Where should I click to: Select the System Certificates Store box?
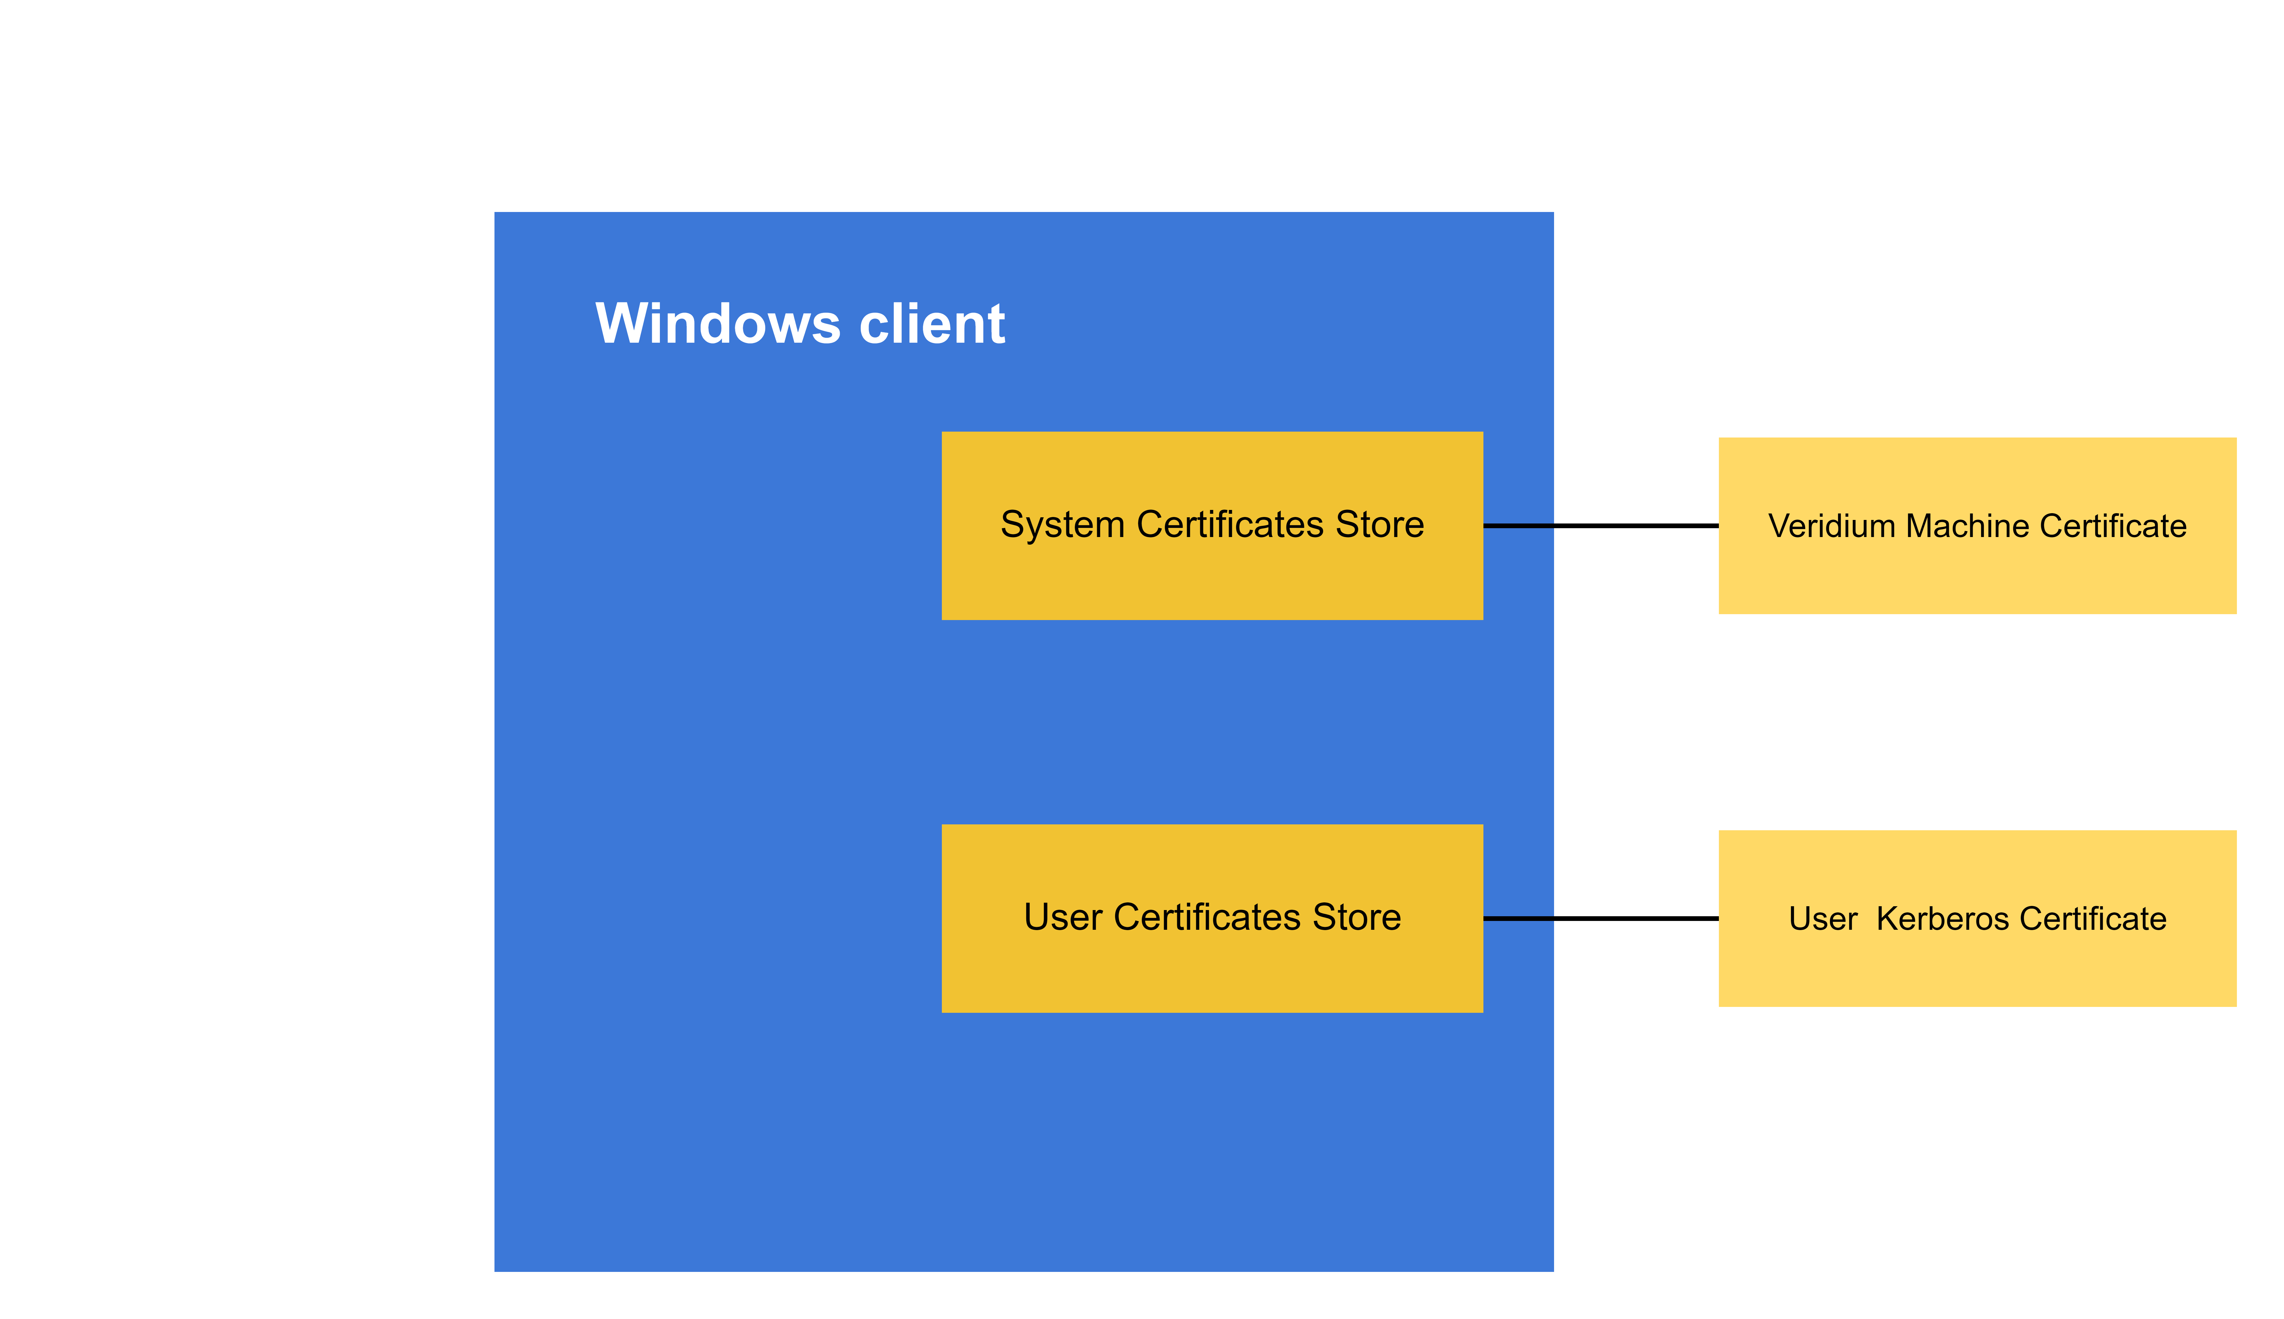click(1212, 580)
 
